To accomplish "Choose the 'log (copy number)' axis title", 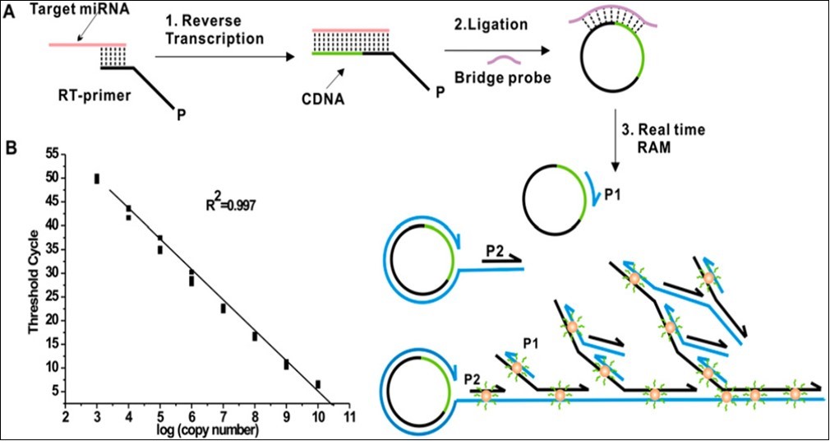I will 208,430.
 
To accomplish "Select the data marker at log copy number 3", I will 97,179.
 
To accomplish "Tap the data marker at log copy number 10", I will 318,384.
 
